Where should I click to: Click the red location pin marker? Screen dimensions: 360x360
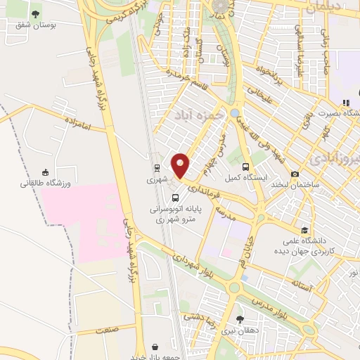(181, 166)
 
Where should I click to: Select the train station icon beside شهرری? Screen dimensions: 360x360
(157, 167)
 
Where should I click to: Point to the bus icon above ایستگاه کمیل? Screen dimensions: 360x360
(245, 167)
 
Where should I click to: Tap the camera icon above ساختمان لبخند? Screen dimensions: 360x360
(295, 174)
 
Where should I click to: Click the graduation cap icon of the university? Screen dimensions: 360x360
(304, 230)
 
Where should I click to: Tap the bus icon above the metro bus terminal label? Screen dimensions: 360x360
(175, 197)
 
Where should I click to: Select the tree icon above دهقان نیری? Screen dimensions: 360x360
(240, 319)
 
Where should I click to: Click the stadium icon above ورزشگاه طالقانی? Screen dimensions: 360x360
(46, 172)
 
